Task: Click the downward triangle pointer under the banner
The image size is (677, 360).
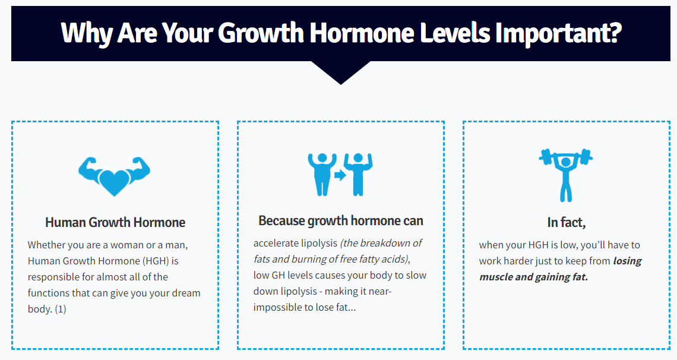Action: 340,72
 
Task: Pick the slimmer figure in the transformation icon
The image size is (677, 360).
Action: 358,173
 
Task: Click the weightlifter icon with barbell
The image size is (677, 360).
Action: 565,173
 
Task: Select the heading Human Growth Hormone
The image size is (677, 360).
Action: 115,223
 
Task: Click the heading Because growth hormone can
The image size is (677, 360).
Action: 341,221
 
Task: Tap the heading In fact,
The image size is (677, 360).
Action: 567,223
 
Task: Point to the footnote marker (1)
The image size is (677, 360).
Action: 60,310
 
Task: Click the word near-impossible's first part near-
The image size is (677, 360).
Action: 380,292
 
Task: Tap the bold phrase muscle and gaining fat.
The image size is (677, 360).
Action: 533,277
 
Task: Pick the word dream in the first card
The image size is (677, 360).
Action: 188,293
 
